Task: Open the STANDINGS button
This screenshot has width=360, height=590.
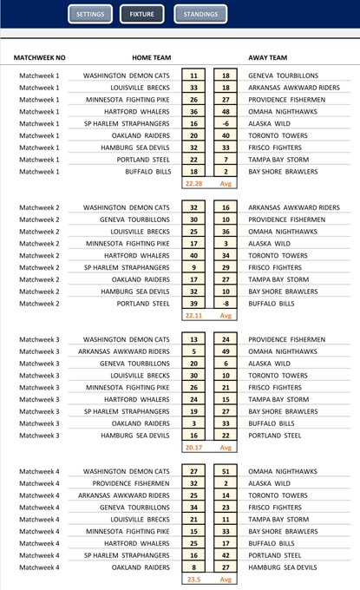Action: [x=200, y=15]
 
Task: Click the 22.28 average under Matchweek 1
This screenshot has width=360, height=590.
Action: [x=193, y=184]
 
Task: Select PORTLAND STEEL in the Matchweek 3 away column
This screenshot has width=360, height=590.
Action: [x=275, y=436]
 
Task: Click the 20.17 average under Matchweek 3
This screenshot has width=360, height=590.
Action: [x=193, y=448]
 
